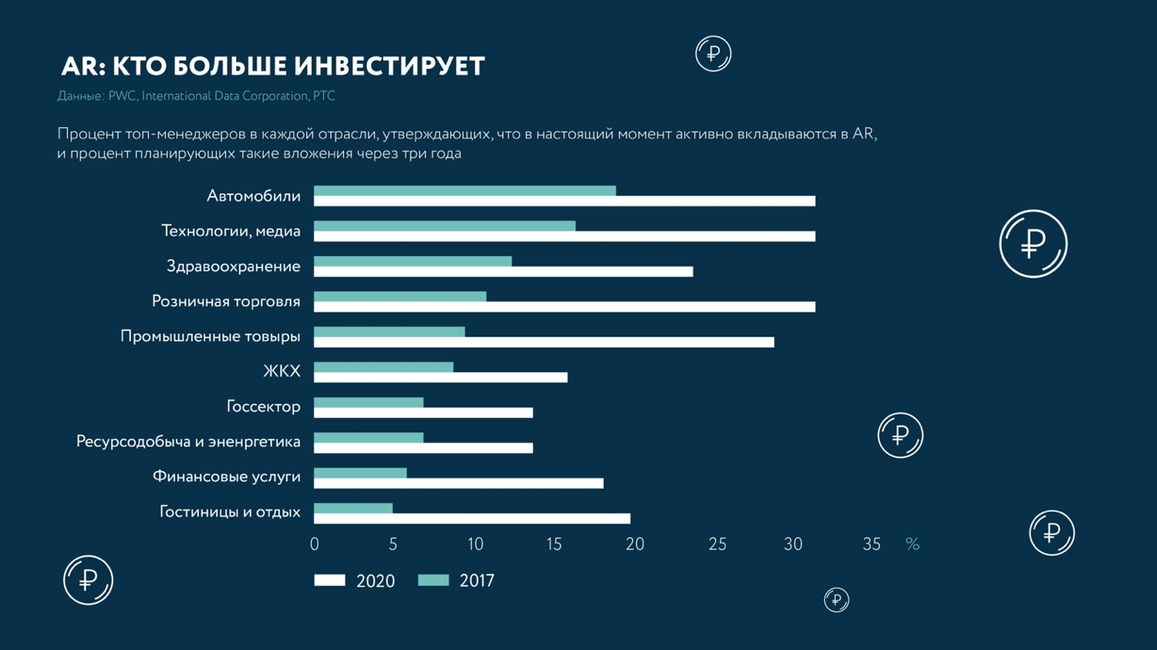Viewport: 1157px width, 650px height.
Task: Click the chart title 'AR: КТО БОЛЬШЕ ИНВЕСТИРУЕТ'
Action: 273,66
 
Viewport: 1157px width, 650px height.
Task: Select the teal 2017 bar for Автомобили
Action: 465,191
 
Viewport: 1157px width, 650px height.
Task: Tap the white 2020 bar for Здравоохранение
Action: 503,272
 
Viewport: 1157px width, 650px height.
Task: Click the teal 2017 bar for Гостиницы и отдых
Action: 353,508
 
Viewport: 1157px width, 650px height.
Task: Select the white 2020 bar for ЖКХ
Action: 440,378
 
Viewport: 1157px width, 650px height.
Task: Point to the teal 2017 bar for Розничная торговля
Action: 400,297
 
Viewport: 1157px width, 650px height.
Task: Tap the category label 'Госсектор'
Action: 263,406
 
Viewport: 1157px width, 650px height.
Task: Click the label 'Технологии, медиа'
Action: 231,232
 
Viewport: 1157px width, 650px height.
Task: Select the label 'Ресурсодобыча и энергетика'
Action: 188,442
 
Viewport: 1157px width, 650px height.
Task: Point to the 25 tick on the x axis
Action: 717,545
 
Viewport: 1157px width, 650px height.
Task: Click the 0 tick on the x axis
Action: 314,545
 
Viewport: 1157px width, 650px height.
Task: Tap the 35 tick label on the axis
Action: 871,545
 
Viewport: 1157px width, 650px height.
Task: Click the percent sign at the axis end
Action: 912,545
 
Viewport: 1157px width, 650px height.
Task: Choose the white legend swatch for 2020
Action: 330,580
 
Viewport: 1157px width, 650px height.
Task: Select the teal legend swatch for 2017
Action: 433,580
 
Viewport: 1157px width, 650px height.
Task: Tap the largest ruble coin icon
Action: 1033,244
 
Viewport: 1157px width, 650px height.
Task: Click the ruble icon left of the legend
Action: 88,580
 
